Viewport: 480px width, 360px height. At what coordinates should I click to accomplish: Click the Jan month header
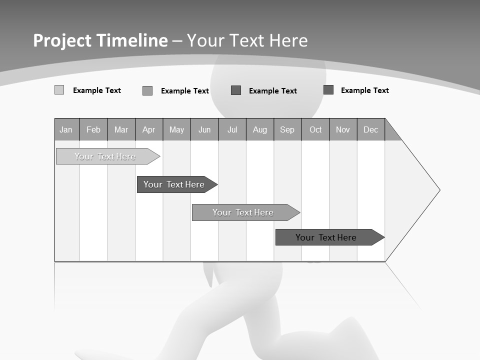66,129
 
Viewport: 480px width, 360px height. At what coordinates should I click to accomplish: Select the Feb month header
93,129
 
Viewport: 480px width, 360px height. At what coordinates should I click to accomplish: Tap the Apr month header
149,129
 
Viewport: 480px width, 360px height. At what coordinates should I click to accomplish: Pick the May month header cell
176,129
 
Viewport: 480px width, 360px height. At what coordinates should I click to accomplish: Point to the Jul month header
232,129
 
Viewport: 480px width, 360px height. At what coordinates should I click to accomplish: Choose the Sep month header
287,129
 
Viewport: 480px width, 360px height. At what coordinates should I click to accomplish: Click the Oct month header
315,129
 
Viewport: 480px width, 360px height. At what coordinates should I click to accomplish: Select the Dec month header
371,129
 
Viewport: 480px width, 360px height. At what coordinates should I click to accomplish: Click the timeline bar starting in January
105,156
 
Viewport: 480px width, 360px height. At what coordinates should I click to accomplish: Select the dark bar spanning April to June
174,184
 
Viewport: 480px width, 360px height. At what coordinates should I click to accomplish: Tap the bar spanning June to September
243,212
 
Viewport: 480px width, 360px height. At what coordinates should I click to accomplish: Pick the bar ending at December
326,237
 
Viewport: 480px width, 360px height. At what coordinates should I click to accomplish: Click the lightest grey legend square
59,90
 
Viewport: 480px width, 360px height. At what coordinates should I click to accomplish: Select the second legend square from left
147,90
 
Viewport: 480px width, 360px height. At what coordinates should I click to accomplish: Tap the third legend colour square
236,90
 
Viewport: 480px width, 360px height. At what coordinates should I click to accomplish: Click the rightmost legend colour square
328,89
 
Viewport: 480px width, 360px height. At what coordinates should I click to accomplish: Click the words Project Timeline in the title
100,40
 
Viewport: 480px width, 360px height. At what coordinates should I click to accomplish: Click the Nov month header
343,129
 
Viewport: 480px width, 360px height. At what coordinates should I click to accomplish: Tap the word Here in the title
288,40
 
